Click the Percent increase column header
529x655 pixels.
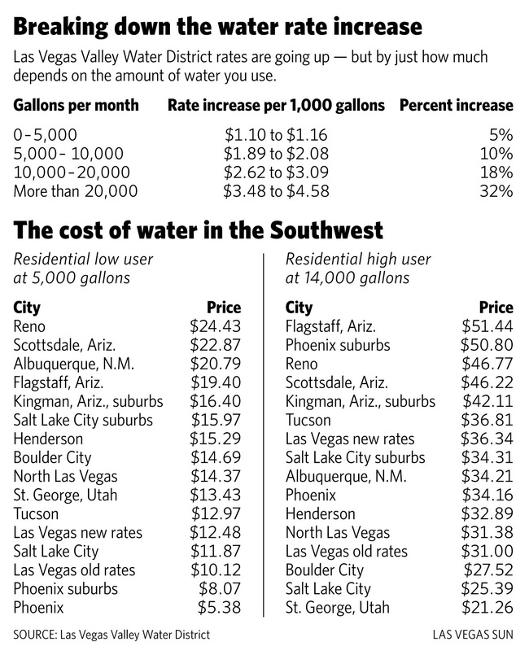pyautogui.click(x=457, y=105)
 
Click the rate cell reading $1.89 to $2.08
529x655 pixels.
pyautogui.click(x=276, y=154)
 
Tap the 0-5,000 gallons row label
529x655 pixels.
pyautogui.click(x=45, y=135)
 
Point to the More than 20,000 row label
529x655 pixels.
pyautogui.click(x=75, y=191)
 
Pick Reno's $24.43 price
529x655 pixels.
pyautogui.click(x=216, y=326)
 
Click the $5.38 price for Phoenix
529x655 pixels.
pyautogui.click(x=220, y=607)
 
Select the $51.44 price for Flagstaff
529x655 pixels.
pyautogui.click(x=487, y=326)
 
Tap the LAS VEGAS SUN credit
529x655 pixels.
pyautogui.click(x=473, y=635)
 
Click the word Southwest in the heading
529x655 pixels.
pyautogui.click(x=326, y=230)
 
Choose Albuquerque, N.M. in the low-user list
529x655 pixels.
pyautogui.click(x=73, y=364)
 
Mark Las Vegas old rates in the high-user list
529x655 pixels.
pyautogui.click(x=347, y=552)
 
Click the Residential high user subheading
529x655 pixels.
pyautogui.click(x=358, y=260)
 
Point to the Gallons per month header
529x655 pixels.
pyautogui.click(x=76, y=105)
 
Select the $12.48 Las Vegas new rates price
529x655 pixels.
pyautogui.click(x=216, y=533)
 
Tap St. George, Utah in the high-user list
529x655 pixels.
pyautogui.click(x=338, y=607)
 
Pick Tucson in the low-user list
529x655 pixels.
pyautogui.click(x=36, y=513)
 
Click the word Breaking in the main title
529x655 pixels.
pyautogui.click(x=60, y=27)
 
